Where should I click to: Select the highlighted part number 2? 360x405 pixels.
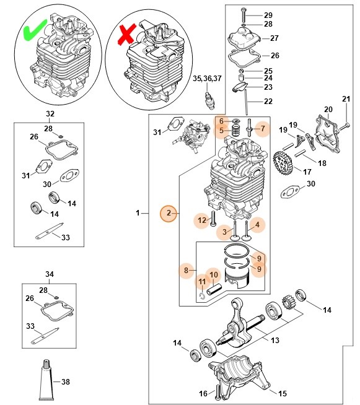tap(168, 214)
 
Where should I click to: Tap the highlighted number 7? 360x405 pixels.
tap(263, 129)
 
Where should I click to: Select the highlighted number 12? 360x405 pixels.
tap(201, 219)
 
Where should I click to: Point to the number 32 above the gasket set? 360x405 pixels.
tap(50, 114)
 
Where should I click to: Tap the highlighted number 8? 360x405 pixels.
tap(185, 269)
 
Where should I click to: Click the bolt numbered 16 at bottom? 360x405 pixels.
tap(217, 390)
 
